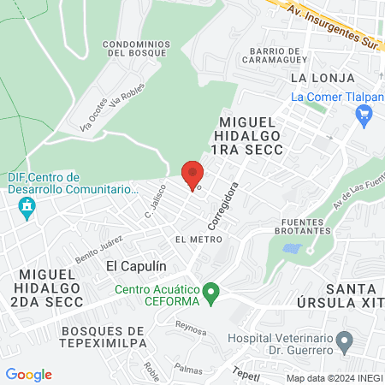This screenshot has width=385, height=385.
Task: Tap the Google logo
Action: [28, 375]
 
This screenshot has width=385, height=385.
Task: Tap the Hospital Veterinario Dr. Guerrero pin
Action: [344, 344]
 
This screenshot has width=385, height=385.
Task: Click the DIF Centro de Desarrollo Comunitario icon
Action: [27, 207]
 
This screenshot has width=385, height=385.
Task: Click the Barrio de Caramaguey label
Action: [274, 56]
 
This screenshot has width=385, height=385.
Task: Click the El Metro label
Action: [192, 239]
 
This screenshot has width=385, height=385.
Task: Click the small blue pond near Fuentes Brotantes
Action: [293, 249]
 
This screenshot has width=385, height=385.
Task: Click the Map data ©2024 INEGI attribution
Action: [334, 377]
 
